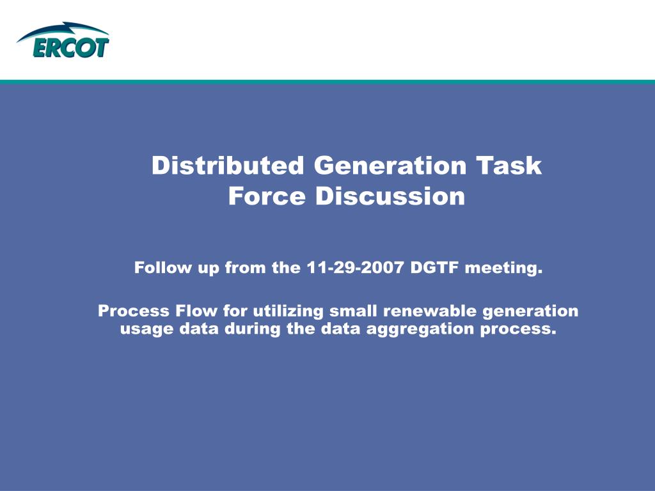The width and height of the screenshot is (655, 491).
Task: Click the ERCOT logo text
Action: [x=63, y=48]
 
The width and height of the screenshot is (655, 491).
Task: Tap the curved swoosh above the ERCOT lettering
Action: [x=64, y=30]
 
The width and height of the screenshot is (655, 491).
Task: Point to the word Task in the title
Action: [x=509, y=166]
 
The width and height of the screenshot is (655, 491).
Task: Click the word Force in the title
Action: [x=267, y=196]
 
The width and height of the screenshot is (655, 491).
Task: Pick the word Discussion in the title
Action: [x=390, y=196]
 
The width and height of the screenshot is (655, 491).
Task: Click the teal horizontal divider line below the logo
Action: [x=327, y=82]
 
